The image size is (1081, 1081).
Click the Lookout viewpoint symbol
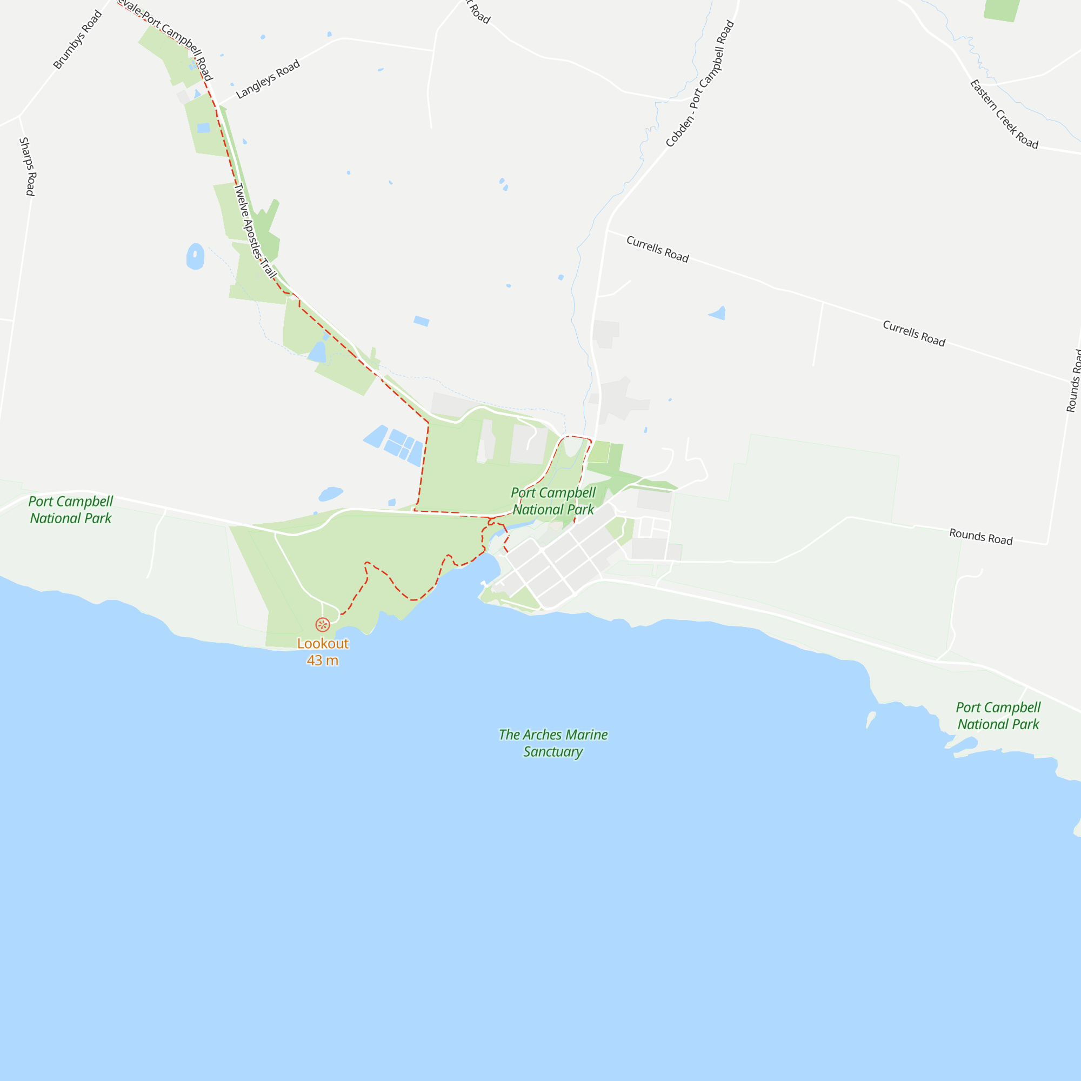(x=322, y=624)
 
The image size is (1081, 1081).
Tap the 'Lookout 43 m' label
(x=322, y=652)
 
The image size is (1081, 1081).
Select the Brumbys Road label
(x=77, y=39)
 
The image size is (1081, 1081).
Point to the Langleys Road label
(x=268, y=79)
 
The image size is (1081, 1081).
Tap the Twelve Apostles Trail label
(x=254, y=231)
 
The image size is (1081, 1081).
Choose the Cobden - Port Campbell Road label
(x=700, y=83)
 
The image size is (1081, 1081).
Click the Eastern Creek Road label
(x=1004, y=115)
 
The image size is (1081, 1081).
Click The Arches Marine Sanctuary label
(x=553, y=743)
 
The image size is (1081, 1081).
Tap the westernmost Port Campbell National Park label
(x=70, y=510)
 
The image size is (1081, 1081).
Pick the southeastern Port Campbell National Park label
(x=998, y=716)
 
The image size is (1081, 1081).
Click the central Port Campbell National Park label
(x=553, y=501)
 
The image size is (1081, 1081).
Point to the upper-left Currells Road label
(x=657, y=249)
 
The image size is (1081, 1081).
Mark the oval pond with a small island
(x=195, y=256)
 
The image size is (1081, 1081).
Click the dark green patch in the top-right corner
(x=1002, y=10)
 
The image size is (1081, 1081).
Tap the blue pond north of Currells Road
(x=718, y=313)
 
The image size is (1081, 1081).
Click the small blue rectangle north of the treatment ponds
(x=422, y=321)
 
